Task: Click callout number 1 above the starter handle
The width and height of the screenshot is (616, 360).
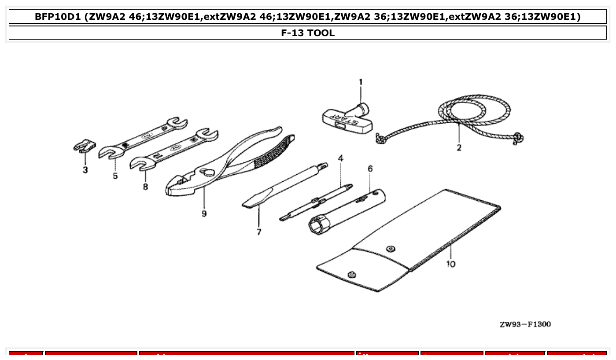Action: point(360,82)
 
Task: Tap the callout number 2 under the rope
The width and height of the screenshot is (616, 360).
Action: point(459,148)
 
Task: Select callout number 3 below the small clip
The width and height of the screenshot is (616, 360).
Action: point(85,169)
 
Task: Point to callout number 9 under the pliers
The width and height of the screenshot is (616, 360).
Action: point(204,213)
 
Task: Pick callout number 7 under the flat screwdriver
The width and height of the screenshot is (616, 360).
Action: point(258,232)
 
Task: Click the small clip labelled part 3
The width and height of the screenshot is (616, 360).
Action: point(84,146)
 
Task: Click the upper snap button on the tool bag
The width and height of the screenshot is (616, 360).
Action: point(390,249)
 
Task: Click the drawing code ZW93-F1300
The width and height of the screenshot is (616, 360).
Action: point(525,325)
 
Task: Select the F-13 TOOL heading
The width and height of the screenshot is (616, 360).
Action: point(308,33)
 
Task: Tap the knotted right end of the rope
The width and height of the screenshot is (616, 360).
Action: point(519,139)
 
